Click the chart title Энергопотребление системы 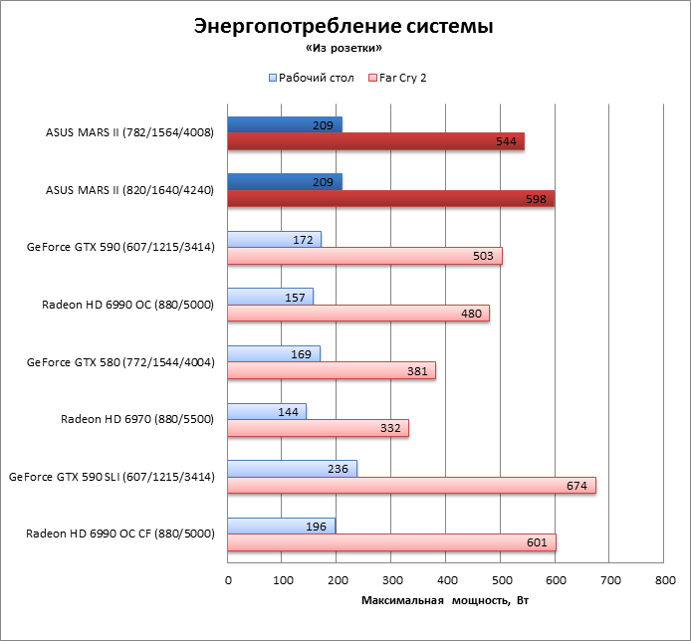(343, 27)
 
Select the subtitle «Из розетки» (343, 48)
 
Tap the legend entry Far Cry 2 (402, 77)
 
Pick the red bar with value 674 (411, 486)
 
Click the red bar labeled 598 (390, 198)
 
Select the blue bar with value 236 (292, 469)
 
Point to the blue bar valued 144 (267, 411)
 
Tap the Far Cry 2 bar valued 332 (318, 428)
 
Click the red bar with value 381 (332, 370)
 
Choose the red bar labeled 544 (375, 141)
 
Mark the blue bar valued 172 (274, 239)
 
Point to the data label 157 (297, 297)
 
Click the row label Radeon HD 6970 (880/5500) (137, 419)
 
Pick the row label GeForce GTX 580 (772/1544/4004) (120, 362)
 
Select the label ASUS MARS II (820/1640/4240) (129, 189)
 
